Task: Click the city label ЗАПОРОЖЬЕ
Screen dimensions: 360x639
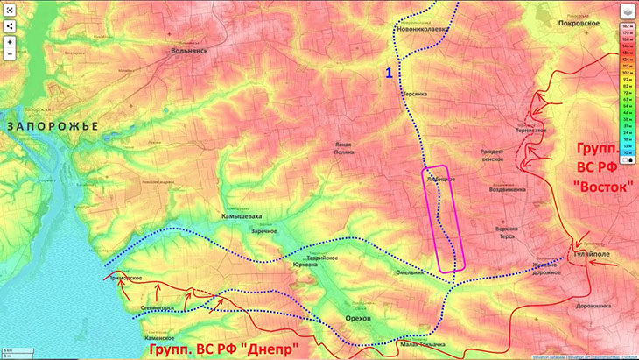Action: pos(53,126)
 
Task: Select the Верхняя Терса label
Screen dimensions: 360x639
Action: pos(525,233)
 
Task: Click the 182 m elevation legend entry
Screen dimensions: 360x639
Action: pos(627,28)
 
